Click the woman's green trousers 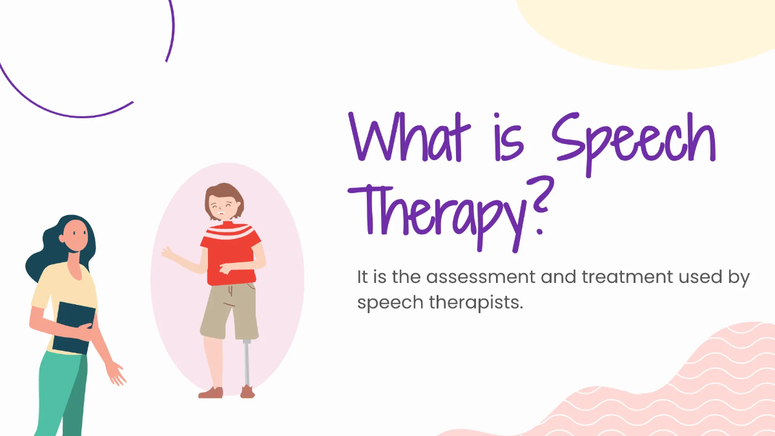tap(61, 394)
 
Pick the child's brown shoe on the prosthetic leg tap(247, 391)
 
